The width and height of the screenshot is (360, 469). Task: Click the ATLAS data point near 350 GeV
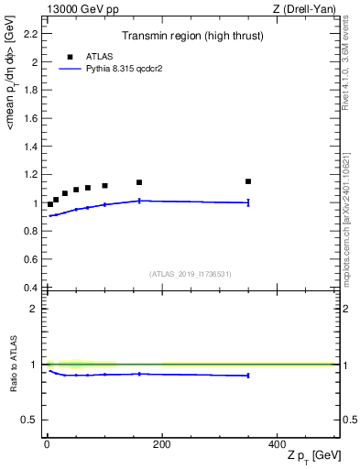[x=248, y=181]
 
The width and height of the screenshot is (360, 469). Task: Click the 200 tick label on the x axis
[x=161, y=443]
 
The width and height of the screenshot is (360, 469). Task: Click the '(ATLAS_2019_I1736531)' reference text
[x=191, y=274]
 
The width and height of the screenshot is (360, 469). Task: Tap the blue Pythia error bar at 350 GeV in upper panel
[x=248, y=202]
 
